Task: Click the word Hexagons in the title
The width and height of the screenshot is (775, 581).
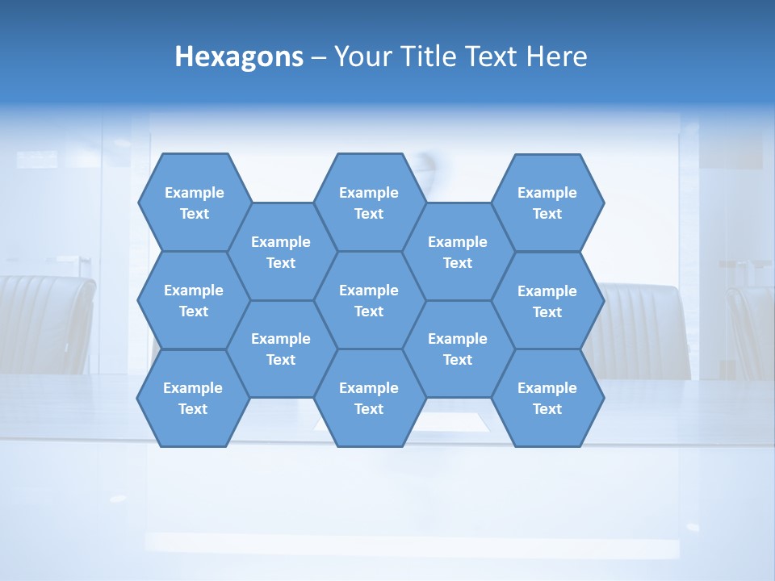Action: pyautogui.click(x=239, y=56)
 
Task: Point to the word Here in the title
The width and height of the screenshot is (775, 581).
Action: pyautogui.click(x=556, y=56)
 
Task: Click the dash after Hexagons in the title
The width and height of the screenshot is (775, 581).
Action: pyautogui.click(x=319, y=57)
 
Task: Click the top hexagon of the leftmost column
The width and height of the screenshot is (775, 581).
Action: pyautogui.click(x=195, y=203)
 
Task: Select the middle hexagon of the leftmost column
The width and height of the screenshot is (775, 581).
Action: pyautogui.click(x=194, y=300)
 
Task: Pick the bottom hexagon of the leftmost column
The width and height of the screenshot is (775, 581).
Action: pyautogui.click(x=193, y=398)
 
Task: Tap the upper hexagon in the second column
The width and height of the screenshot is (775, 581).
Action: pyautogui.click(x=281, y=252)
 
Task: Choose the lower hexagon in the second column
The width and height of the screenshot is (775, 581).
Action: pyautogui.click(x=281, y=349)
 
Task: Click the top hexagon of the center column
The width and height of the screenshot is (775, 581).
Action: pyautogui.click(x=369, y=203)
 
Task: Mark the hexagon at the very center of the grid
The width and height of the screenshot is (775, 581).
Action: pyautogui.click(x=369, y=300)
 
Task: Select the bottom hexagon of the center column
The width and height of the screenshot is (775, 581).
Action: pyautogui.click(x=369, y=398)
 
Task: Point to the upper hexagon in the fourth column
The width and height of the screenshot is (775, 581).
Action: pyautogui.click(x=458, y=252)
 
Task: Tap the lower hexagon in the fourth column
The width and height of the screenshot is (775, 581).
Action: pyautogui.click(x=458, y=349)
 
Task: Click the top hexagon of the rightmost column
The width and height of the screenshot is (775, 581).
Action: pyautogui.click(x=547, y=203)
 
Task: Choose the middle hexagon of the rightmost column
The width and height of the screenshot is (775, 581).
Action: pyautogui.click(x=547, y=301)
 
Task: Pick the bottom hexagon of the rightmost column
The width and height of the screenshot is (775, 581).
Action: pyautogui.click(x=547, y=398)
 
